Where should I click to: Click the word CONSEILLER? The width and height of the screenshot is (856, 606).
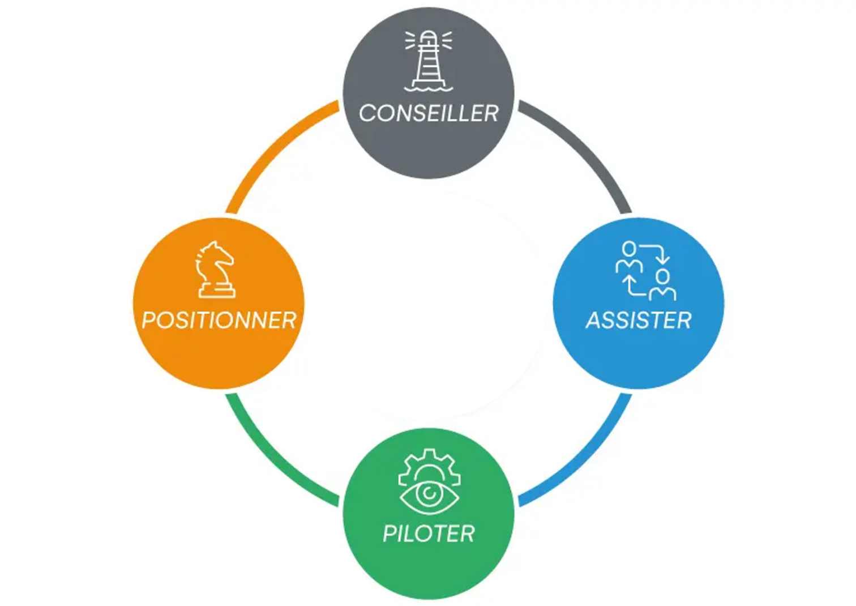tap(429, 113)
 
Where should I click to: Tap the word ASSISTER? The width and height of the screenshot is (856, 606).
tap(639, 321)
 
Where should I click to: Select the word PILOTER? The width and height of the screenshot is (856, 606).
tap(429, 534)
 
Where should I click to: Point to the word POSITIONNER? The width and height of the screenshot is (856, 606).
tap(219, 321)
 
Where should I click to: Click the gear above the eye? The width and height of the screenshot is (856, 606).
tap(429, 464)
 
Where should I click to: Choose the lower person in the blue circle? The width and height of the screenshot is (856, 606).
tap(662, 285)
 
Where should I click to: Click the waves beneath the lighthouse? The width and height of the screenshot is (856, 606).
tap(429, 88)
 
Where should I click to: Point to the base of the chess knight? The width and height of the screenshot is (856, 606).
tap(216, 292)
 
